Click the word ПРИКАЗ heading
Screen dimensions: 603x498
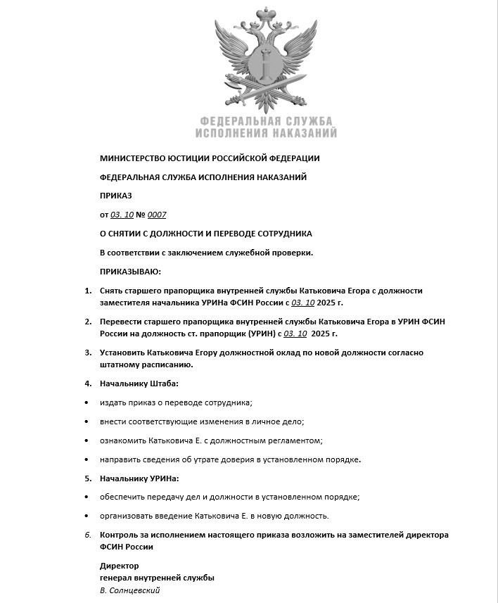pos(116,196)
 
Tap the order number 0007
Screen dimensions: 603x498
pos(157,215)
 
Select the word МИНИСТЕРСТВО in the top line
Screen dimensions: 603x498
pos(132,158)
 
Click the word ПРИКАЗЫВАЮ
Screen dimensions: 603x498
pos(131,271)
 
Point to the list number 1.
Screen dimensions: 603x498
pos(88,290)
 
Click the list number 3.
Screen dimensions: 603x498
pos(88,352)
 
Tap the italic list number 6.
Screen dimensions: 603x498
pos(88,535)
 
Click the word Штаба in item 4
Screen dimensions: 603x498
pos(163,383)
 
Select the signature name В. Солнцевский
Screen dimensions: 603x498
pos(130,590)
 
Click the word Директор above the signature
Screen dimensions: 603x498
pos(120,566)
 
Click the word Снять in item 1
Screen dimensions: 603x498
pos(113,290)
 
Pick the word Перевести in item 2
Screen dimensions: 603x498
pos(122,321)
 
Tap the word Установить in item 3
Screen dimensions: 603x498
pos(124,352)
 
